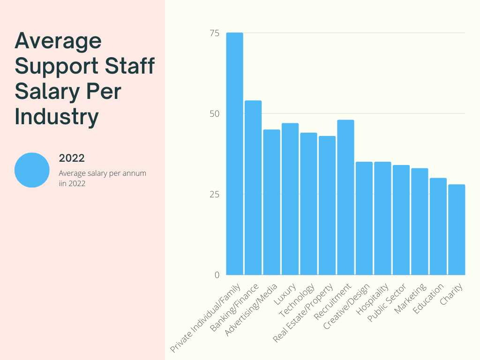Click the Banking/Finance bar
coord(253,187)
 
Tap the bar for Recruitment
coord(345,197)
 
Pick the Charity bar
coord(457,230)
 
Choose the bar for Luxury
coord(290,199)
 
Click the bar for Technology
coord(308,204)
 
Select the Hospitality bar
coord(382,218)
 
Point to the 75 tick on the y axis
coord(214,33)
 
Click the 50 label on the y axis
coord(214,114)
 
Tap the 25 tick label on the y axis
coord(214,195)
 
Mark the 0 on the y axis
coord(217,275)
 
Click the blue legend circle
coord(32,170)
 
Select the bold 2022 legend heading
coord(72,158)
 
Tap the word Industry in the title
coord(57,117)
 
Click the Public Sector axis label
coord(387,302)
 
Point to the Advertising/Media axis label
coord(253,309)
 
